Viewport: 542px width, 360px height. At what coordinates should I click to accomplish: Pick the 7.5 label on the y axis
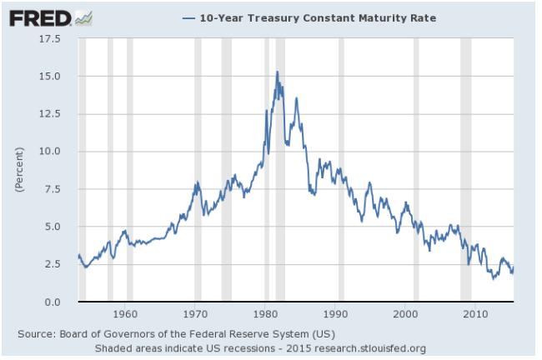pyautogui.click(x=51, y=189)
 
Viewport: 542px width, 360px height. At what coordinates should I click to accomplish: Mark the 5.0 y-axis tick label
pyautogui.click(x=51, y=227)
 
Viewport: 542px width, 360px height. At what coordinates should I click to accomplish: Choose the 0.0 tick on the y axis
pyautogui.click(x=51, y=302)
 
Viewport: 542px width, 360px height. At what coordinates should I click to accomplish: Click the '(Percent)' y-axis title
pyautogui.click(x=18, y=170)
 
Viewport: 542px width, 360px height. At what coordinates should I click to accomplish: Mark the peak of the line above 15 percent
pyautogui.click(x=277, y=72)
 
